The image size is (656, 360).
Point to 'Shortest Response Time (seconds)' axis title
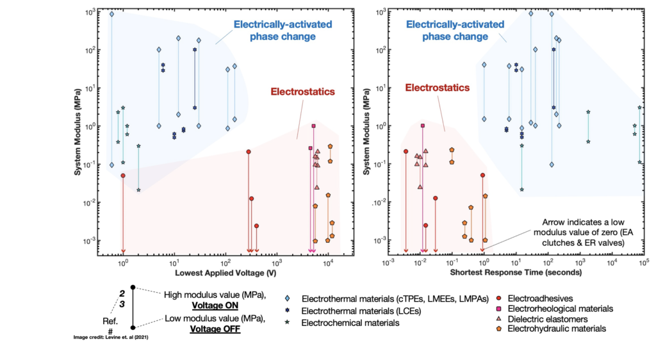[516, 272]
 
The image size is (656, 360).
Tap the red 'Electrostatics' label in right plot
[437, 88]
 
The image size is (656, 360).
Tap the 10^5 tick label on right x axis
[643, 262]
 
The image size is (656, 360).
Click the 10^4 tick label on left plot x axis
[328, 262]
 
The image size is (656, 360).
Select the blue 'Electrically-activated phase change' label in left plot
[274, 31]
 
